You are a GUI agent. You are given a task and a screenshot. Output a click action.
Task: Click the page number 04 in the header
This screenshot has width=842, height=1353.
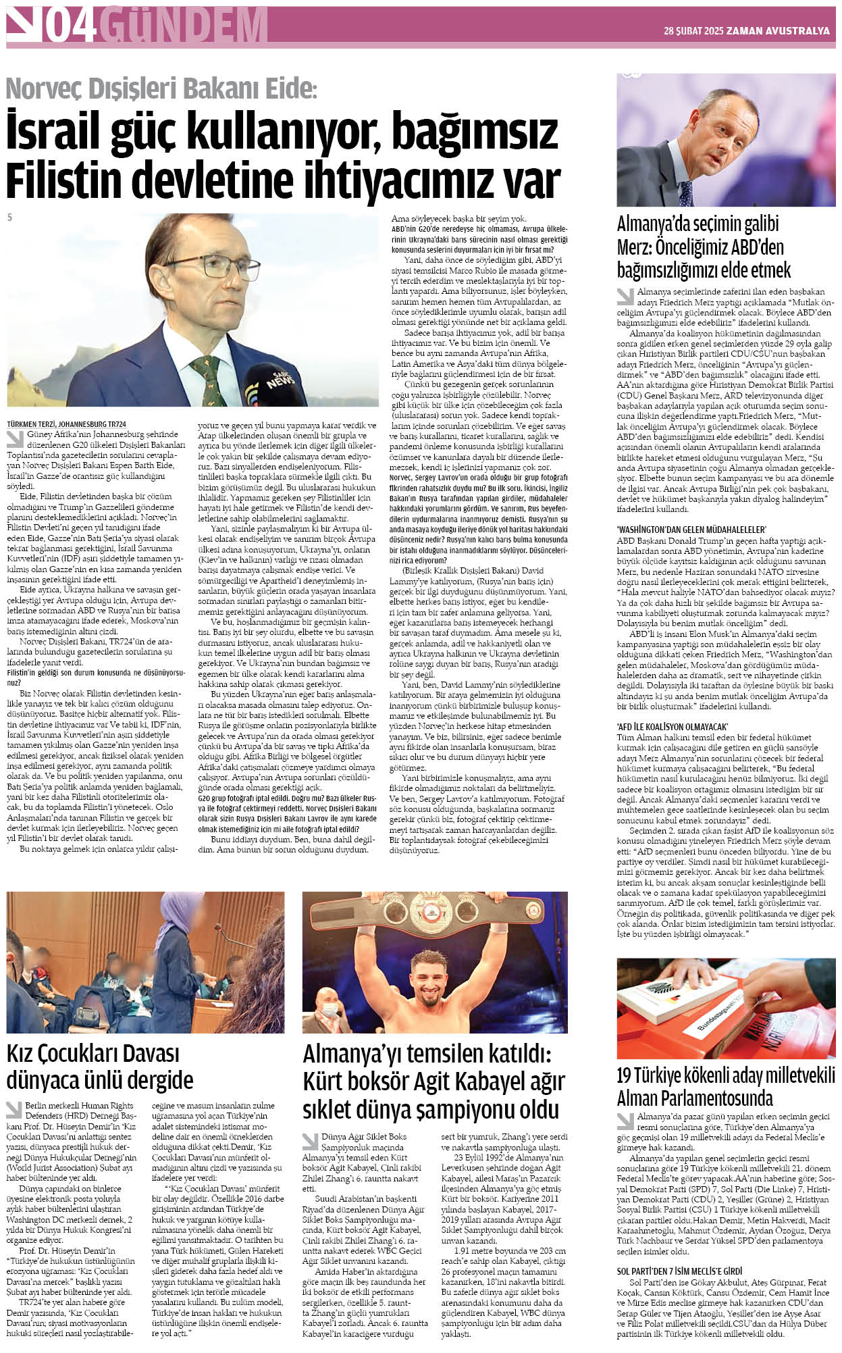click(70, 26)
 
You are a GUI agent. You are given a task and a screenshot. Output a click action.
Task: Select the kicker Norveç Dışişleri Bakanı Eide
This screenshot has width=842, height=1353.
click(161, 88)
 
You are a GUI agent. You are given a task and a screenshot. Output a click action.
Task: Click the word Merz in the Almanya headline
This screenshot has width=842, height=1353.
click(639, 247)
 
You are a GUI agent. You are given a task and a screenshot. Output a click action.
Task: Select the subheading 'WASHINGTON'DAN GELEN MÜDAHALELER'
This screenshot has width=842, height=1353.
click(691, 530)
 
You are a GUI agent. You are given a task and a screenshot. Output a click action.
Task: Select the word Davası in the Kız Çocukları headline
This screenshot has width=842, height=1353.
click(140, 1052)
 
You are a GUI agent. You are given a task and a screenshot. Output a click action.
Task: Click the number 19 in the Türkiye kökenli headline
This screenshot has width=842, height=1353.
click(627, 1074)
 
